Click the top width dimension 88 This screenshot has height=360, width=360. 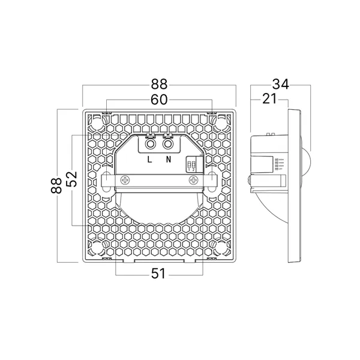pos(159,85)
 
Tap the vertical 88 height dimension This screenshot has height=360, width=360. pos(57,187)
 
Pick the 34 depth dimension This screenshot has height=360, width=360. pos(280,85)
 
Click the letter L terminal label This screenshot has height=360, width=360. pos(150,160)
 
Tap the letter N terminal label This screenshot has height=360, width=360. pos(169,160)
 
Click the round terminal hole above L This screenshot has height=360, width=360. pos(151,145)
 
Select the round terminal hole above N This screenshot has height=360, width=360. pos(168,145)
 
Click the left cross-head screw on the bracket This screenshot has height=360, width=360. pos(126,180)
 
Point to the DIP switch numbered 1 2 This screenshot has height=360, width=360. pos(192,164)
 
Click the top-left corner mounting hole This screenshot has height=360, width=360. pos(97,122)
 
